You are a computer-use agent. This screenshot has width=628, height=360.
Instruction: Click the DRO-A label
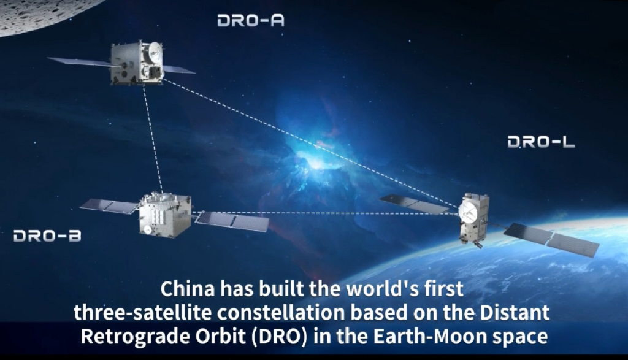click(x=251, y=20)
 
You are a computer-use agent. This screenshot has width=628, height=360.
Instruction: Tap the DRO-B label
click(x=47, y=236)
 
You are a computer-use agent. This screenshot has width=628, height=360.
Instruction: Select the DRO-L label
click(x=541, y=142)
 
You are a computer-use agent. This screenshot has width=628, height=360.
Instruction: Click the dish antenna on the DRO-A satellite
click(x=155, y=53)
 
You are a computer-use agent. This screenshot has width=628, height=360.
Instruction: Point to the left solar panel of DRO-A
click(x=82, y=62)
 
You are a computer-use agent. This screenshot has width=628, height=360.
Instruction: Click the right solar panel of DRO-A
click(x=178, y=70)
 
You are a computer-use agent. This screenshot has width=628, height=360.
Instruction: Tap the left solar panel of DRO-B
click(x=110, y=206)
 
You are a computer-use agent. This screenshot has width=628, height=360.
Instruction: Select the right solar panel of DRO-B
click(x=232, y=221)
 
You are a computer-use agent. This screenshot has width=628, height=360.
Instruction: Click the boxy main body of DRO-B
click(x=164, y=215)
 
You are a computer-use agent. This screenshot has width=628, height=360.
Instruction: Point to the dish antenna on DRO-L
click(x=467, y=212)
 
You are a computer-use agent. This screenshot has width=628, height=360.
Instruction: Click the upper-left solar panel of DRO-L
click(x=414, y=204)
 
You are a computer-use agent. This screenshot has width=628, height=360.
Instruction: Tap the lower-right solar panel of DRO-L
click(x=551, y=239)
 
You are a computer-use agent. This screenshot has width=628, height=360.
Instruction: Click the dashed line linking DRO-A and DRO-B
click(x=153, y=137)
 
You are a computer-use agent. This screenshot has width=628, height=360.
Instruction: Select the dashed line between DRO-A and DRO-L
click(x=311, y=144)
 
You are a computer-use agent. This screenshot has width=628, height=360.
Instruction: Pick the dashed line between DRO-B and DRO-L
click(x=325, y=213)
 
